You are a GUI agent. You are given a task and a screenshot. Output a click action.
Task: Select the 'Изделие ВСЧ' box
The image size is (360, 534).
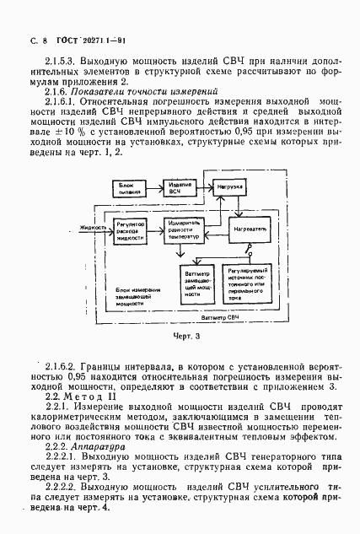click(178, 186)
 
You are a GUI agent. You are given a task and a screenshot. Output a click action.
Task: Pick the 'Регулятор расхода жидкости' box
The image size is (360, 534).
click(128, 229)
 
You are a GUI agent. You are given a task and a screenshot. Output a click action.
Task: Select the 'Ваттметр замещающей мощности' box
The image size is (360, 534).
click(191, 283)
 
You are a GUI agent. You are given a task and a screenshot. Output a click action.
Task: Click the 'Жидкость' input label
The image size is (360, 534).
click(94, 227)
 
